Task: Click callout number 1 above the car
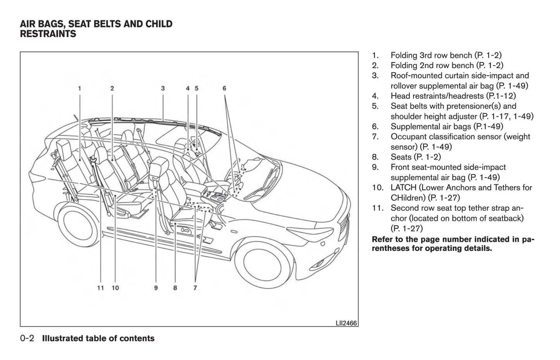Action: tap(79, 88)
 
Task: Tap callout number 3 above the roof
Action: tap(163, 88)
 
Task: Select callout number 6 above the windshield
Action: tap(224, 88)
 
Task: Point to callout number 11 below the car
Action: tap(100, 288)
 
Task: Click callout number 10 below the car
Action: tap(115, 288)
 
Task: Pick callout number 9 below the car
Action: tap(156, 288)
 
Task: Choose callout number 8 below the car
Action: tap(175, 288)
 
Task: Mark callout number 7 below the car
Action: tap(195, 288)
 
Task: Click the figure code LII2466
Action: tap(346, 323)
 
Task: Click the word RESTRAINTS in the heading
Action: tap(48, 34)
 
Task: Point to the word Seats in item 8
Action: tap(401, 157)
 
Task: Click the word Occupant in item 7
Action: tap(407, 136)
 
